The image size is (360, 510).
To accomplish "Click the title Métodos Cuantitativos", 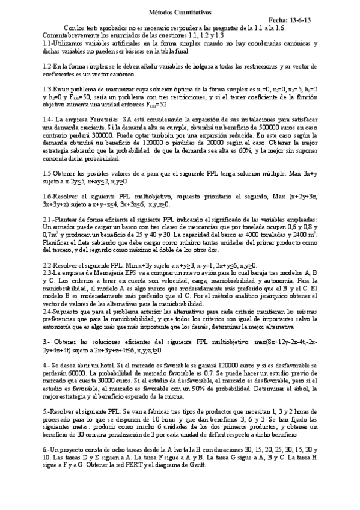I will tap(180, 11).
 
